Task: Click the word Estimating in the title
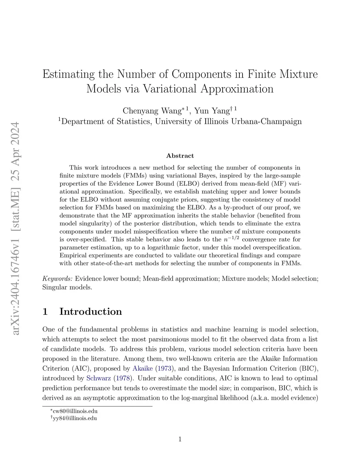tap(69, 74)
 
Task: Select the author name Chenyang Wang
tap(152, 111)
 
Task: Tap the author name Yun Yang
tap(212, 111)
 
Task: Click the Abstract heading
tap(180, 156)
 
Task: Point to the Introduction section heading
tap(91, 312)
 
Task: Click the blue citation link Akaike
tap(142, 369)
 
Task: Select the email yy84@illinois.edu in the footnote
tap(75, 418)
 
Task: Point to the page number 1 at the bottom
tap(180, 439)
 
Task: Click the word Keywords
tap(57, 279)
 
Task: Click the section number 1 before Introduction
tap(45, 312)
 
